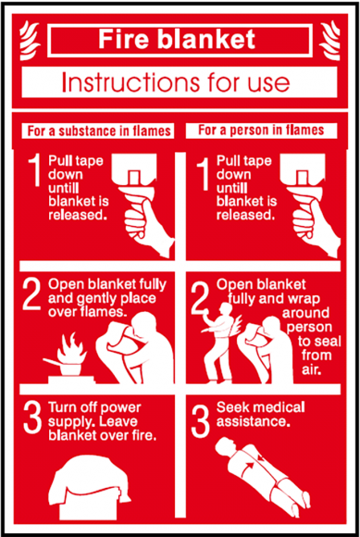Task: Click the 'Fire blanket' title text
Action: [177, 40]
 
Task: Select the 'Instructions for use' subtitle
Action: [176, 82]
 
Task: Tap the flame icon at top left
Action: [25, 40]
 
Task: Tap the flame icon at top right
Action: [329, 40]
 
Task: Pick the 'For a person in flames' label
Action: [261, 131]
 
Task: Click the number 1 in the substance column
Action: [34, 172]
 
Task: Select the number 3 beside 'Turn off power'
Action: [31, 419]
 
